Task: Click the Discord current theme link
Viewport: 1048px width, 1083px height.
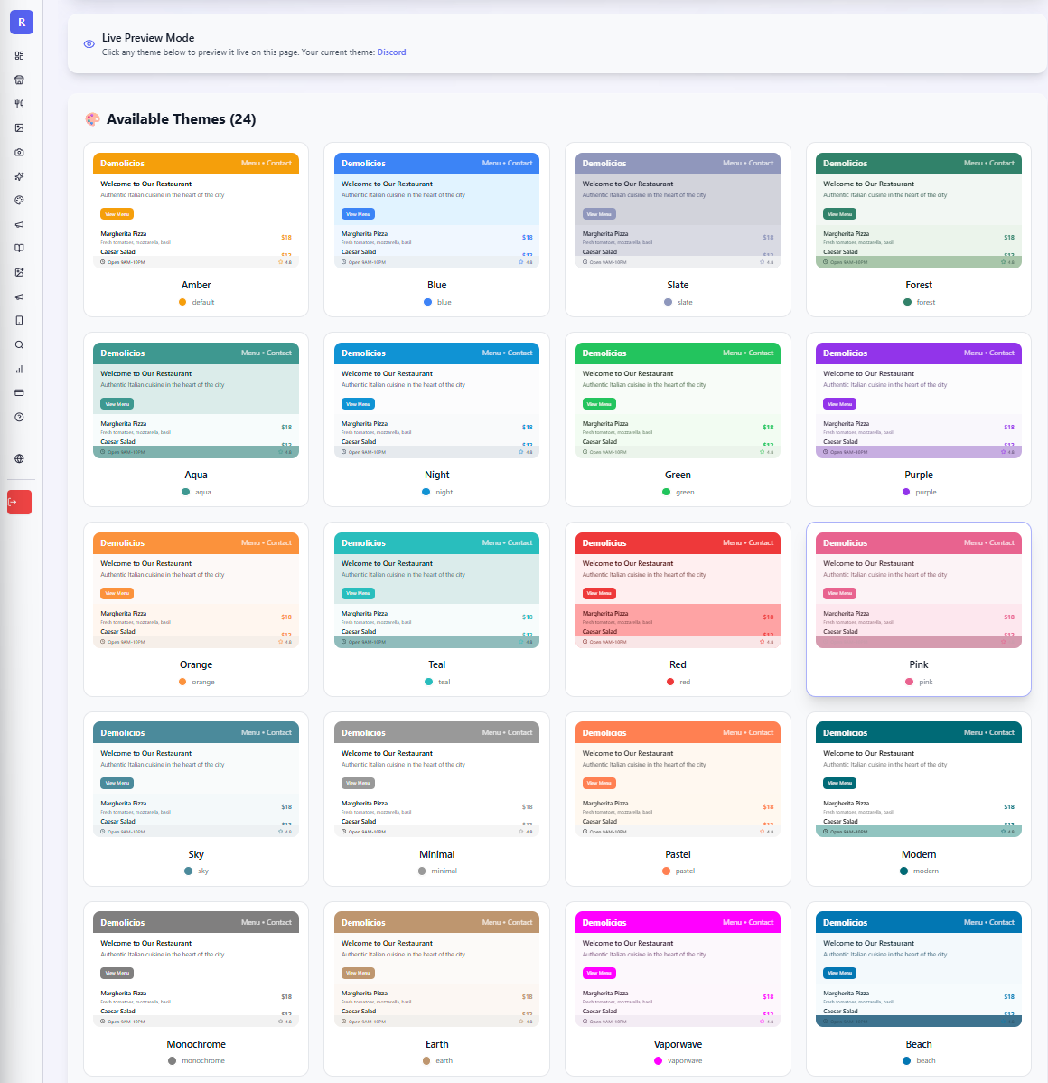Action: [391, 52]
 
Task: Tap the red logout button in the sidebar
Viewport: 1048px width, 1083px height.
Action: [20, 502]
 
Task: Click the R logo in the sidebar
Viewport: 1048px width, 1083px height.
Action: [22, 23]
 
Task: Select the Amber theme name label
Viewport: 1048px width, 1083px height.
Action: [196, 285]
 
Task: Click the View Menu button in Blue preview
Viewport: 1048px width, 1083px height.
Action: [358, 214]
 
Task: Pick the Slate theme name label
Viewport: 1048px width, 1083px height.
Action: [678, 285]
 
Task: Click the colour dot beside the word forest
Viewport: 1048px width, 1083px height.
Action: [907, 302]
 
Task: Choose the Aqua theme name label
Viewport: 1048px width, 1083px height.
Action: [196, 475]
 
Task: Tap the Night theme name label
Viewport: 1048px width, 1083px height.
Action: [437, 475]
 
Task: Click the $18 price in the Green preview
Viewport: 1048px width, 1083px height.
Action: [768, 428]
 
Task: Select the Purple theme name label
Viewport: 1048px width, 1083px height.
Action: [919, 475]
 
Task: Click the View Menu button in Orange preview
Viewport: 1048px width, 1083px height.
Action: [117, 594]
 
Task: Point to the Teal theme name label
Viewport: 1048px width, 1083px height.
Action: [437, 664]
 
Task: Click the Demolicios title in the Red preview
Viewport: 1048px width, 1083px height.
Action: [604, 543]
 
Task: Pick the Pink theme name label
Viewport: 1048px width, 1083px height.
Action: [919, 664]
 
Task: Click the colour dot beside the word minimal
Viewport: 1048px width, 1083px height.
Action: [422, 871]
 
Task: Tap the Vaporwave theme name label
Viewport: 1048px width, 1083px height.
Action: [678, 1044]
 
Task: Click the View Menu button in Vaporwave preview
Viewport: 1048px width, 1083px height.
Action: [598, 974]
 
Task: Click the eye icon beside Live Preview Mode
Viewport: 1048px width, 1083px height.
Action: [89, 44]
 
